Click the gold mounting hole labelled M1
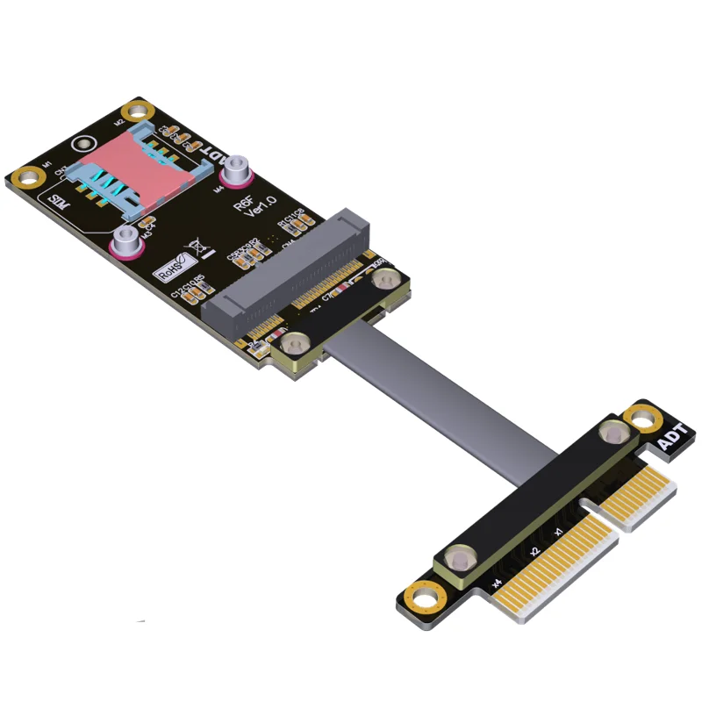[32, 176]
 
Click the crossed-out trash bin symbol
[200, 250]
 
